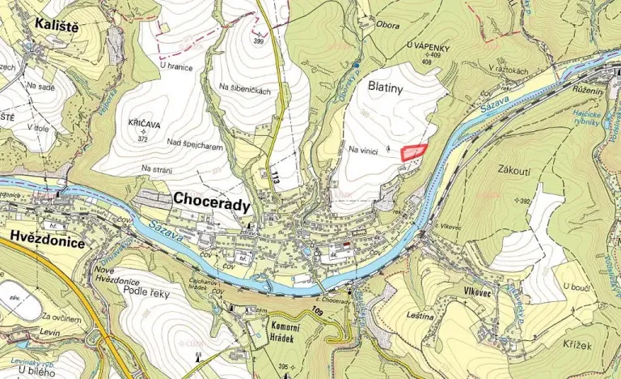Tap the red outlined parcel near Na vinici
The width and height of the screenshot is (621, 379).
point(414,151)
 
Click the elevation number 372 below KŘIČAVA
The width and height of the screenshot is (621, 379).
point(144,138)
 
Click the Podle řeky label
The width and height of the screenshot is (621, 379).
point(148,292)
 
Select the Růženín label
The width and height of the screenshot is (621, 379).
point(588,90)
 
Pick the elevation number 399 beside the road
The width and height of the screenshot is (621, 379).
point(259,40)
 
